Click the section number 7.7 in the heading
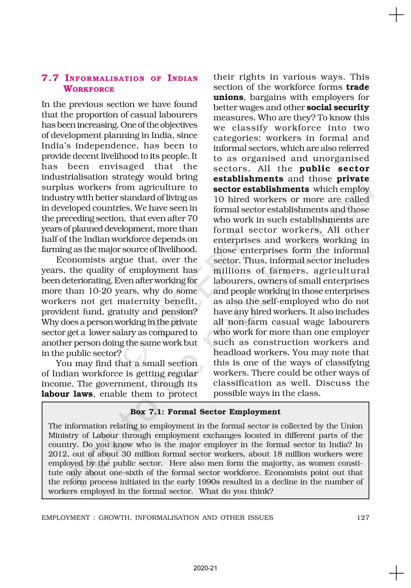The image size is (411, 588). [x=50, y=78]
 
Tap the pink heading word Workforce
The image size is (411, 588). [x=89, y=89]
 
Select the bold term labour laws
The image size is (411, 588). [x=67, y=394]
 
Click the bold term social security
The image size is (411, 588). [x=338, y=107]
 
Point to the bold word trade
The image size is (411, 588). [x=357, y=87]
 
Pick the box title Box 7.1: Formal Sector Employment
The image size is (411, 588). [x=205, y=412]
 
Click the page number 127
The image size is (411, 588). [x=363, y=517]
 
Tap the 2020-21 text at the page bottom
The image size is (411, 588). [x=205, y=568]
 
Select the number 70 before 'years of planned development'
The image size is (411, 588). [x=193, y=218]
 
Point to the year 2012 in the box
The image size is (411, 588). [x=57, y=454]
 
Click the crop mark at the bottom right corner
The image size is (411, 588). [x=396, y=573]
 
